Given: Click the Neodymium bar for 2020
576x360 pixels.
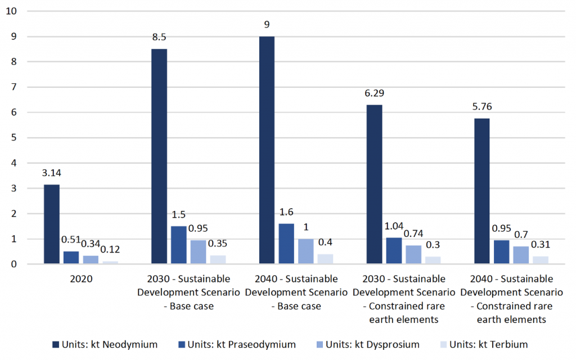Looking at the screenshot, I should pyautogui.click(x=51, y=224).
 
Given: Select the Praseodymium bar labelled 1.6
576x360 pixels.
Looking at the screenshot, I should pyautogui.click(x=286, y=244).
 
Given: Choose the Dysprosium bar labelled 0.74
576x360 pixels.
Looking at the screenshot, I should pyautogui.click(x=413, y=255).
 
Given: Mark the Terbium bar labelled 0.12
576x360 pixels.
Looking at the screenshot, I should pyautogui.click(x=110, y=262).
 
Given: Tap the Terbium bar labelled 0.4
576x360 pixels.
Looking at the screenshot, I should pyautogui.click(x=325, y=259).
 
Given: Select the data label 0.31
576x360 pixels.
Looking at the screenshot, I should pyautogui.click(x=541, y=244).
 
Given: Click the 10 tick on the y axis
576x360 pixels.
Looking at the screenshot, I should pyautogui.click(x=12, y=11).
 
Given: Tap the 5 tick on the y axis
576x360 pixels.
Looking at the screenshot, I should pyautogui.click(x=14, y=138).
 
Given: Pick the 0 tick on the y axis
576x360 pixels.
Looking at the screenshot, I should pyautogui.click(x=14, y=264).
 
